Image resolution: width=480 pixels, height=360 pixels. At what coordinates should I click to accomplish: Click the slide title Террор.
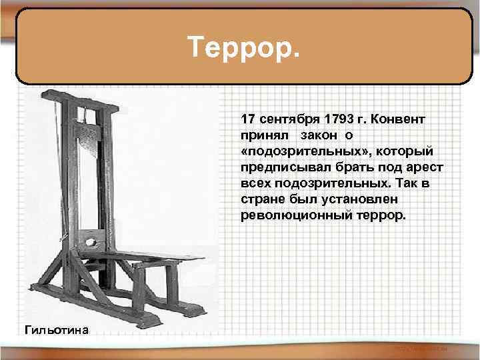coord(244,47)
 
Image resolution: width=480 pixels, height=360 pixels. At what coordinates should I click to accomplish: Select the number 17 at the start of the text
coord(247,119)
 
